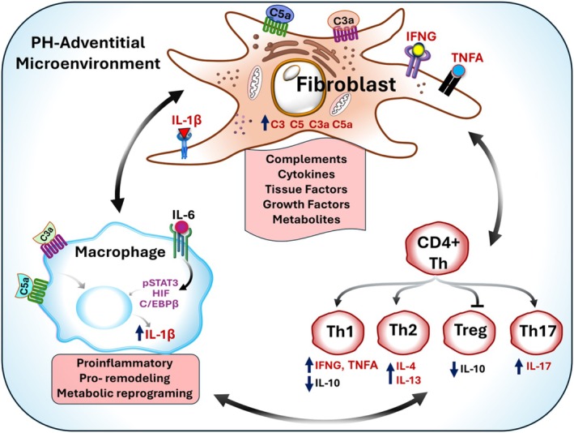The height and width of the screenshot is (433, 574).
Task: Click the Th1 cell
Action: tap(338, 332)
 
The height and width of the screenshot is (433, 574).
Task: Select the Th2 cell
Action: tap(403, 331)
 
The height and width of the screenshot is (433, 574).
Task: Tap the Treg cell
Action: tap(470, 331)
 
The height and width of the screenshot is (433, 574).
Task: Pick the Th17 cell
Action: tap(538, 332)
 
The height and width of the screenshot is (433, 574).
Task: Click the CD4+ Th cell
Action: tap(439, 253)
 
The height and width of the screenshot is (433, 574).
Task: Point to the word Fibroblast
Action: tap(346, 84)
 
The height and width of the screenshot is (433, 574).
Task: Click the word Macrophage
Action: tap(121, 252)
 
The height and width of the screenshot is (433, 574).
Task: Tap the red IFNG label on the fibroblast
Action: tap(421, 36)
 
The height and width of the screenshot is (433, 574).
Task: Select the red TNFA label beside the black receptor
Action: tap(467, 58)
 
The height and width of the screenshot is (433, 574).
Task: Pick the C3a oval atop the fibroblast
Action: tap(343, 21)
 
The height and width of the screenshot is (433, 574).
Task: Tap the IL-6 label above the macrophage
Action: tap(181, 215)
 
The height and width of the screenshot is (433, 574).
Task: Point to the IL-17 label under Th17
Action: tap(538, 366)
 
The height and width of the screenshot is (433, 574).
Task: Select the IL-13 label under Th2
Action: tap(409, 379)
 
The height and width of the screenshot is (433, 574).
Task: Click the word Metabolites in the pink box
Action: tap(306, 219)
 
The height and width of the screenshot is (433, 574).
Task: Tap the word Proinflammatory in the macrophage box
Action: tap(125, 363)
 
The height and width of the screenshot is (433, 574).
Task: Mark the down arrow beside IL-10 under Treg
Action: tap(454, 369)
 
